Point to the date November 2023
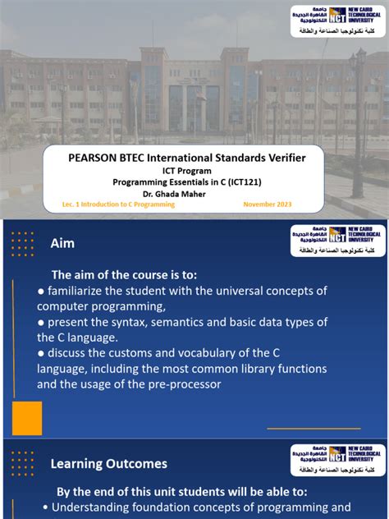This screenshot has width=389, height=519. pyautogui.click(x=268, y=204)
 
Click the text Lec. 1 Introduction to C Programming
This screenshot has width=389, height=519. pyautogui.click(x=118, y=204)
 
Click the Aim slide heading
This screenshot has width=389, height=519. pyautogui.click(x=62, y=243)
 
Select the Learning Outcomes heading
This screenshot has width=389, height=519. pyautogui.click(x=108, y=464)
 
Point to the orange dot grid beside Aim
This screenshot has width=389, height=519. pyautogui.click(x=22, y=243)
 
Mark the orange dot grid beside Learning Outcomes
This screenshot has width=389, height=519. pyautogui.click(x=22, y=462)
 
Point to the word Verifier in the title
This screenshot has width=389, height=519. pyautogui.click(x=281, y=157)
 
